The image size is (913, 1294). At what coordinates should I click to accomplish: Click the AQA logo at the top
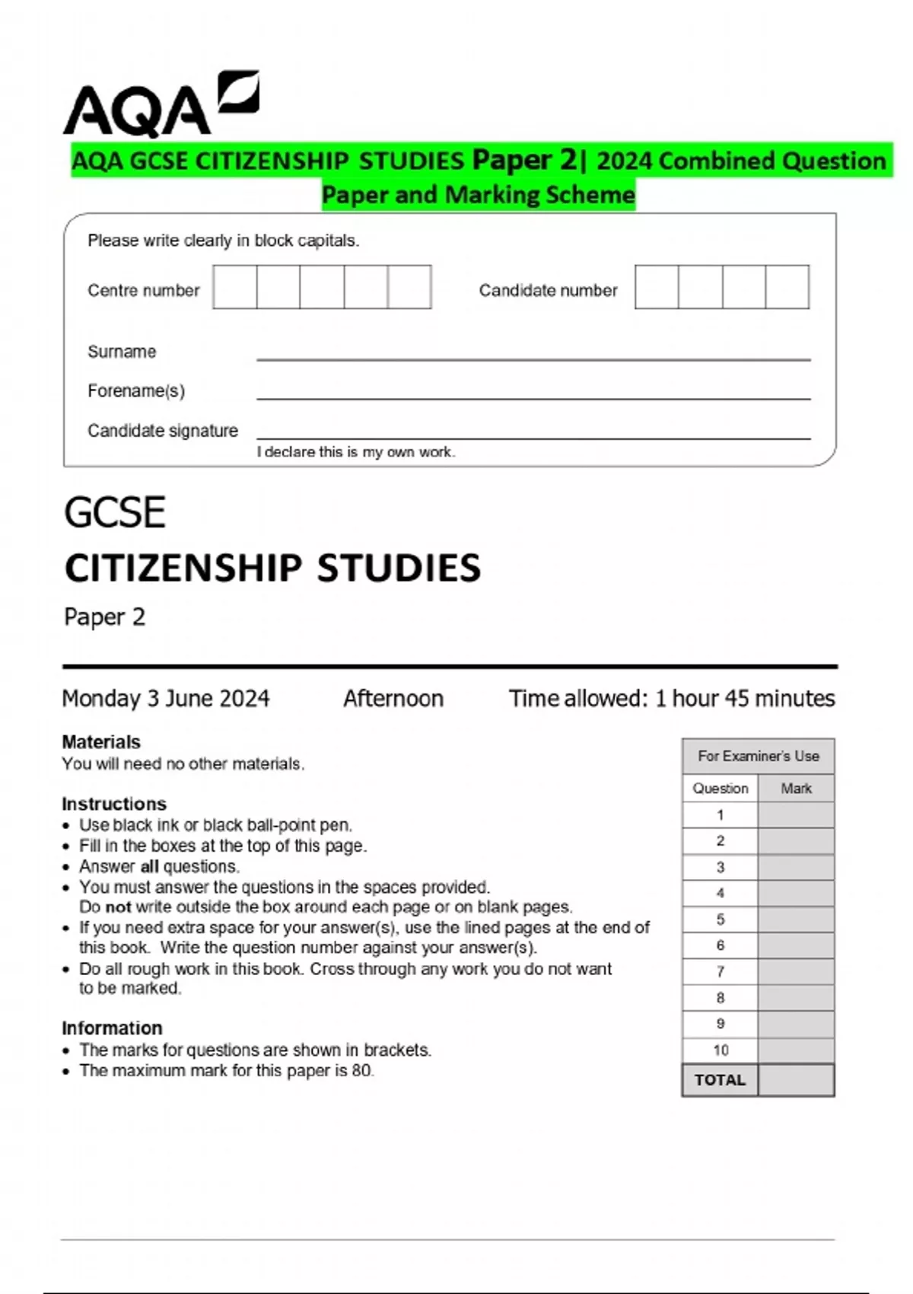point(160,105)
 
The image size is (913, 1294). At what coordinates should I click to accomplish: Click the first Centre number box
point(235,287)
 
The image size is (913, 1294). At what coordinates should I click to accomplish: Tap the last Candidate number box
point(787,287)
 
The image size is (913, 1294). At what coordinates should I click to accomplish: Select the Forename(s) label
point(136,391)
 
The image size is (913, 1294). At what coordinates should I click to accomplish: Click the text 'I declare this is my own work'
point(355,452)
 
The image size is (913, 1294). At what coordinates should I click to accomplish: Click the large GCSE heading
point(115,512)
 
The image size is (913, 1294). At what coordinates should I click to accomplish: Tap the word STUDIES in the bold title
point(399,569)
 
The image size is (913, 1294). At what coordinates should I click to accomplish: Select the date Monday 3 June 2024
point(166,699)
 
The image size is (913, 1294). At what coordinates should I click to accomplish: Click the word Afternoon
point(393,699)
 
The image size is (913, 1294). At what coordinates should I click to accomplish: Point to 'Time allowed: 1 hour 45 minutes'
point(672,699)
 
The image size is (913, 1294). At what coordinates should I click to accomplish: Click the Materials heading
point(101,742)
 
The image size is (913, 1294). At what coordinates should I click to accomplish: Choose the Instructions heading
point(114,804)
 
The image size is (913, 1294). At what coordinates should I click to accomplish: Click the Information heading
point(112,1028)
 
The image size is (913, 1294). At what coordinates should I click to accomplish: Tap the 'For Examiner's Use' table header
point(759,757)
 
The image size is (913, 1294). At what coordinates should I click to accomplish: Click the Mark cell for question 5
point(796,920)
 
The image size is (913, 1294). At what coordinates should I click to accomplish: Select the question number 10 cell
point(721,1050)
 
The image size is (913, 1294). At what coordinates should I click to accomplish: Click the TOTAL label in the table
point(720,1080)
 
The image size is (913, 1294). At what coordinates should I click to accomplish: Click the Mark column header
point(796,789)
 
